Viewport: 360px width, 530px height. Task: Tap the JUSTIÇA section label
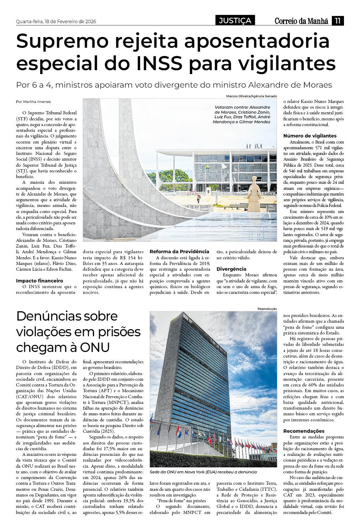point(235,21)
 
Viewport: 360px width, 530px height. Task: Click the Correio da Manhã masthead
point(301,21)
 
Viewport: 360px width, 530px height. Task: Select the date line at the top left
point(56,22)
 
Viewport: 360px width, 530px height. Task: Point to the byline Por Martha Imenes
point(33,102)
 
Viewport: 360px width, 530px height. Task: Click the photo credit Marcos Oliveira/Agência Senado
point(251,96)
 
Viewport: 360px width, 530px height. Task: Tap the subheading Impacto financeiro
point(39,281)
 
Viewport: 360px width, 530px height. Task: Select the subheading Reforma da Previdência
point(179,251)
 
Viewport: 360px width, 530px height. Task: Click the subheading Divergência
point(231,269)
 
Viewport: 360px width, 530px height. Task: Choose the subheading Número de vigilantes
point(310,136)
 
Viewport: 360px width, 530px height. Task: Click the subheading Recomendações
point(304,431)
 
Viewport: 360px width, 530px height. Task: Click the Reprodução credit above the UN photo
point(267,308)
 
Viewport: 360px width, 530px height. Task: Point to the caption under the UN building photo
point(203,472)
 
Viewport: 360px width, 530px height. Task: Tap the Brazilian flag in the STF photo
point(206,166)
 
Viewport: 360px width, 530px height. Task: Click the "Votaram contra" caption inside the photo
point(242,114)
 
